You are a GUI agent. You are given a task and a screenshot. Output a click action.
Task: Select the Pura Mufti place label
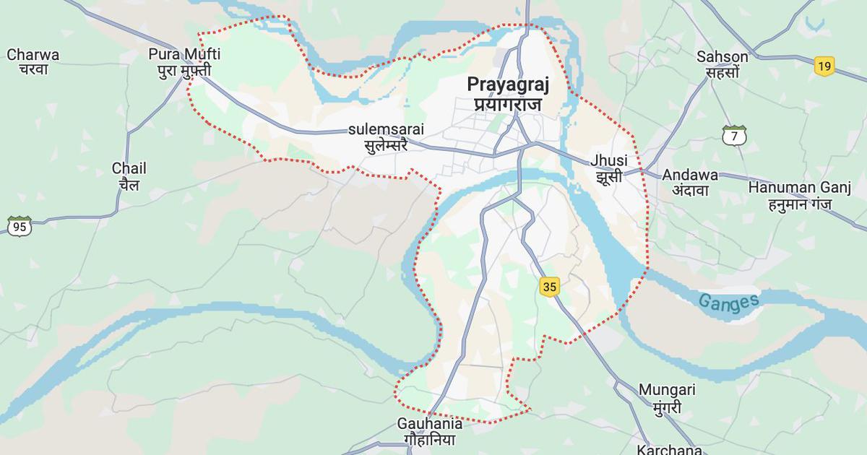click(184, 54)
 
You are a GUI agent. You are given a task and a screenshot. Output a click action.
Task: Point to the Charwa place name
click(33, 54)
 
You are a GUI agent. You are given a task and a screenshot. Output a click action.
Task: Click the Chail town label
click(129, 168)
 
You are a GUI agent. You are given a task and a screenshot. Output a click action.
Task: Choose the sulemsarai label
click(386, 129)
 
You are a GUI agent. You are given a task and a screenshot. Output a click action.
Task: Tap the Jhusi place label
click(609, 160)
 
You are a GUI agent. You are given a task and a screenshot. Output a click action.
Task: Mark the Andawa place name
click(690, 175)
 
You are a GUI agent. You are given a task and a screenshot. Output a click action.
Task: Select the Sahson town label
click(722, 56)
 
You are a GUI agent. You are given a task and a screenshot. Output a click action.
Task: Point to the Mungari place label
click(667, 390)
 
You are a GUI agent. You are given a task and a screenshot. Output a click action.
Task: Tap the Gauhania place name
click(430, 423)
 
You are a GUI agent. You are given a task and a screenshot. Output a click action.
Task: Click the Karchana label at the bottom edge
click(669, 449)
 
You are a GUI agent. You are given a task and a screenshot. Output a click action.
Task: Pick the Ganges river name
click(729, 302)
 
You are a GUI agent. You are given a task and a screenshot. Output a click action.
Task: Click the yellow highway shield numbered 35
click(549, 287)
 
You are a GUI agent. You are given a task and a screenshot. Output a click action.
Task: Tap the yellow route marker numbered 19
click(824, 66)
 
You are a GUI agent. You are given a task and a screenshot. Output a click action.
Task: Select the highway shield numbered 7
click(733, 135)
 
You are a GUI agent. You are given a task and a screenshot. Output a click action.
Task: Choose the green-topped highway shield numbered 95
click(20, 226)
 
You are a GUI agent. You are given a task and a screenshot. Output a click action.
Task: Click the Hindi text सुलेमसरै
click(386, 144)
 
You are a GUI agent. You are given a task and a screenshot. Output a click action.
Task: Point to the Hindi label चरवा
click(33, 70)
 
